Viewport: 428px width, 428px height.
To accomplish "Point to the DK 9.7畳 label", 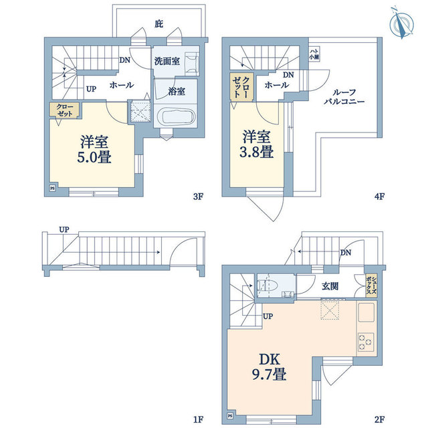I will (270, 365).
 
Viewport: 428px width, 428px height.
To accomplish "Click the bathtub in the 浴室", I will (175, 119).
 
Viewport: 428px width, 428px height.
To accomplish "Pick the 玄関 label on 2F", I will (330, 286).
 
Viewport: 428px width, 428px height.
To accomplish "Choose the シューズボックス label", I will (373, 286).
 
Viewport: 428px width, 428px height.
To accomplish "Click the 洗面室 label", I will (167, 61).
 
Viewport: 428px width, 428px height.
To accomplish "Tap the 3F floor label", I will (197, 197).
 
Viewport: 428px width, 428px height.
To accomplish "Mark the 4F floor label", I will (379, 197).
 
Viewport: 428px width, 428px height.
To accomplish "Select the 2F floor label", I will (379, 419).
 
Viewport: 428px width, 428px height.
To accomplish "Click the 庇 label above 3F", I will (158, 24).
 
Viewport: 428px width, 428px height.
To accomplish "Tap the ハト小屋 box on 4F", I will (314, 53).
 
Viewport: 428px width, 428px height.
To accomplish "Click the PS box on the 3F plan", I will (53, 189).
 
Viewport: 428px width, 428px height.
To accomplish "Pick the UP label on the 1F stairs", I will (64, 229).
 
